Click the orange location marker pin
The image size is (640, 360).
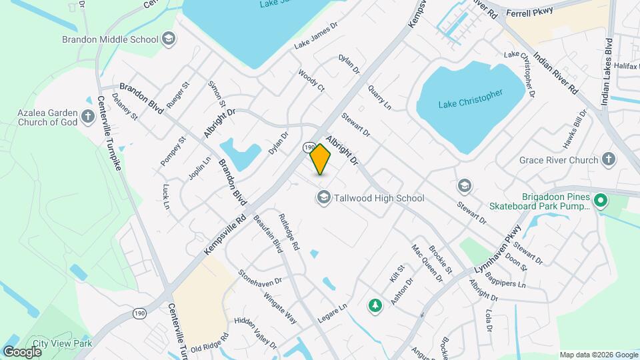pos(320,159)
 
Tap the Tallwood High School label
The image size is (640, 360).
pos(380,198)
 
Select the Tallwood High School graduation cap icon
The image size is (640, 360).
pos(323,197)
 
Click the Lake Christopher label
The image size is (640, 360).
pos(471,98)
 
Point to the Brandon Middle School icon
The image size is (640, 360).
pos(169,38)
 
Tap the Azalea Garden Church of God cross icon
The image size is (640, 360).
pos(88,117)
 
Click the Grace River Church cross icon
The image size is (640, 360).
pos(607,159)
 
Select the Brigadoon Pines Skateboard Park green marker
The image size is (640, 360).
pos(601,200)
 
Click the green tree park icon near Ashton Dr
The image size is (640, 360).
pos(375,305)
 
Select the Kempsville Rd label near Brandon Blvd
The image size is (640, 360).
pos(225,233)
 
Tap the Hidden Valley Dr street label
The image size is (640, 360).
pos(255,332)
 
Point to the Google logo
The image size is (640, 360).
pos(22,351)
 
